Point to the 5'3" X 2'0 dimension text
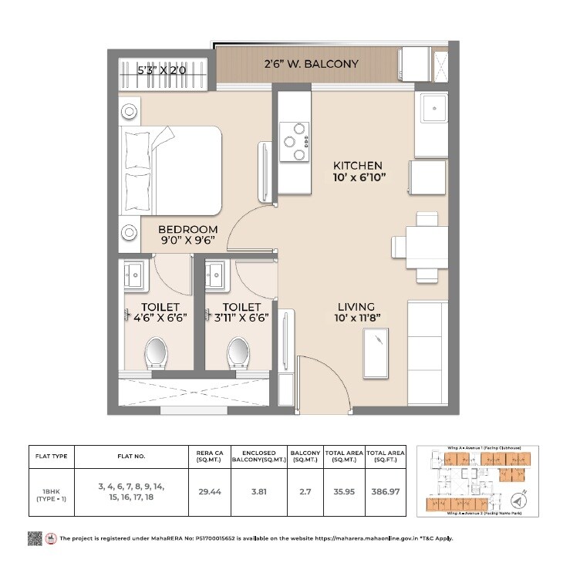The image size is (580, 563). [x=161, y=71]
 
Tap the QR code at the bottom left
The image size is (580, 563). [x=34, y=537]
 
